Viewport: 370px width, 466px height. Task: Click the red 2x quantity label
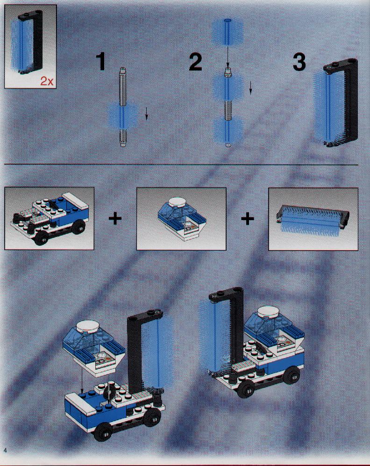point(47,81)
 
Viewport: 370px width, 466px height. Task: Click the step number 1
point(101,62)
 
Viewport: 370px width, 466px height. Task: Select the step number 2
point(195,62)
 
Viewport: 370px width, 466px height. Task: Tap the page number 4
point(5,450)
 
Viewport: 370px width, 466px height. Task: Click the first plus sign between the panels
point(115,219)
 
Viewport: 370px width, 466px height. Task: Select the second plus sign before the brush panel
point(247,219)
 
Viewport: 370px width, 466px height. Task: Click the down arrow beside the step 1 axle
point(146,114)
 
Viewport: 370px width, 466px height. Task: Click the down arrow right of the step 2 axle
point(250,88)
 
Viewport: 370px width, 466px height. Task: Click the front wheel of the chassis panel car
point(41,238)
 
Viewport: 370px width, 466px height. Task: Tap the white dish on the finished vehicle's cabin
point(269,312)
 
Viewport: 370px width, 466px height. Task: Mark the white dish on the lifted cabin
point(88,326)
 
